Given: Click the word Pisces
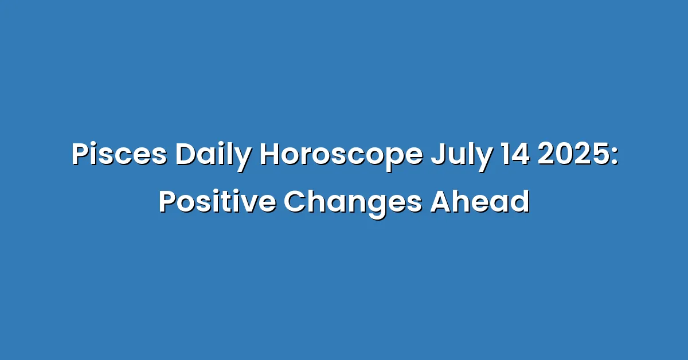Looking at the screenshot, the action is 119,154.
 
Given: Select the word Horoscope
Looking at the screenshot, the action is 341,156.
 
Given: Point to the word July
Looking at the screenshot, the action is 462,156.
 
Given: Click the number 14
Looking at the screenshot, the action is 515,154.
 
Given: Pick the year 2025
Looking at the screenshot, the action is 573,154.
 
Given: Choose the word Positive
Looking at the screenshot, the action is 217,202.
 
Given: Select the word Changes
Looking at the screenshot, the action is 353,204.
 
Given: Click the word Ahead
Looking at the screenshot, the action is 480,201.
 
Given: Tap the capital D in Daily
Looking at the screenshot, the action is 186,154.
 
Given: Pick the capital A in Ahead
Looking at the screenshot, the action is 441,202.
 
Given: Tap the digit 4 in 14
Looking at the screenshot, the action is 521,155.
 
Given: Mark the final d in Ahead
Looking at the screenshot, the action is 520,202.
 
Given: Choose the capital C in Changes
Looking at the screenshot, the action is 294,202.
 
